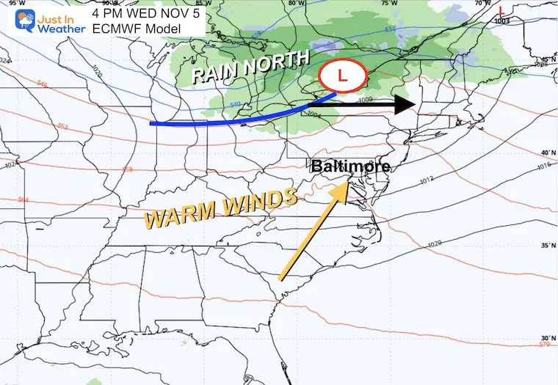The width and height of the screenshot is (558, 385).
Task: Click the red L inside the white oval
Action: click(344, 74)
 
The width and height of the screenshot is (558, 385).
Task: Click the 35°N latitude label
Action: click(546, 246)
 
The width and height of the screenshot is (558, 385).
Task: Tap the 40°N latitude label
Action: click(546, 153)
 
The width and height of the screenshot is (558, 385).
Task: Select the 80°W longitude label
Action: click(296, 4)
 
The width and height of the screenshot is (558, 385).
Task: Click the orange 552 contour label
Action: click(62, 126)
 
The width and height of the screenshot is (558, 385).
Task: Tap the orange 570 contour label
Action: click(544, 344)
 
